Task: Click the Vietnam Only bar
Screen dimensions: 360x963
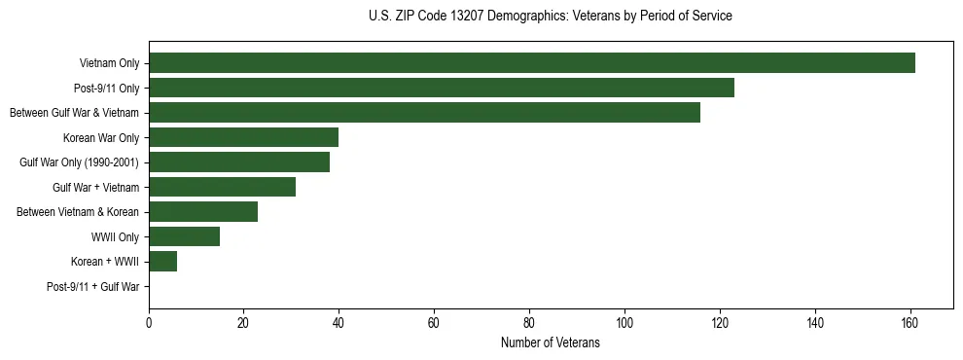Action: [x=532, y=63]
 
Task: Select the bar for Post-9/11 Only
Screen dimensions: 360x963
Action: [x=442, y=88]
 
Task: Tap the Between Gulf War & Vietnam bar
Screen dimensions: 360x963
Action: [x=424, y=113]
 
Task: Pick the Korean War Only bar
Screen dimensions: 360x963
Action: [x=243, y=137]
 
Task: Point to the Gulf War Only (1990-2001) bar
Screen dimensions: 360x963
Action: [x=239, y=162]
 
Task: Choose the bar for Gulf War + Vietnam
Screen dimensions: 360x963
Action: [x=222, y=187]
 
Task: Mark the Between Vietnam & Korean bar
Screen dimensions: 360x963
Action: [x=203, y=212]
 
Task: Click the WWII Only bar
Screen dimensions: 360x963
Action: [x=184, y=236]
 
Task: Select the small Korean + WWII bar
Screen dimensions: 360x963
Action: [x=162, y=261]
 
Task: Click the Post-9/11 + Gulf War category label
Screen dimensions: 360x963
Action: [x=93, y=287]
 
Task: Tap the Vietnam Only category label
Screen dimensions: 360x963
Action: [x=109, y=63]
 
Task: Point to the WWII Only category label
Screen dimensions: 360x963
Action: [x=115, y=236]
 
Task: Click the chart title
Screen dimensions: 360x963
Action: [x=551, y=17]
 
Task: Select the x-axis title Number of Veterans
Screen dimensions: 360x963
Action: [x=551, y=343]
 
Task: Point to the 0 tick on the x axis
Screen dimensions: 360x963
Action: [x=149, y=322]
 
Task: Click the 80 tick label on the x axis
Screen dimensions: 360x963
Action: [x=529, y=322]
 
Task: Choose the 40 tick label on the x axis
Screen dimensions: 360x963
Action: [x=339, y=322]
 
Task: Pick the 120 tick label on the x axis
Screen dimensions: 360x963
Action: [x=719, y=322]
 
